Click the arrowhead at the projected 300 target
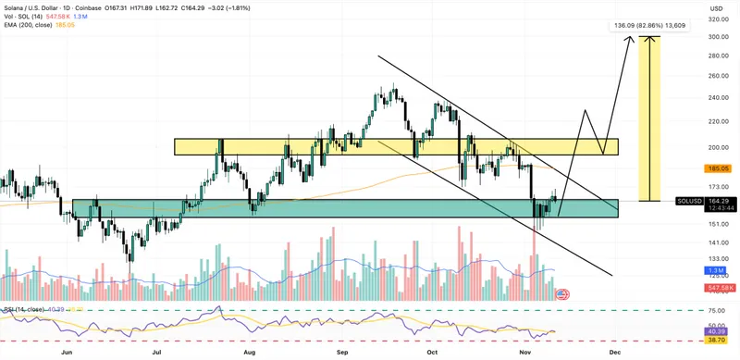630,38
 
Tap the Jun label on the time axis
66,353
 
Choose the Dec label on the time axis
615,353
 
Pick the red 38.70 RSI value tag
717,341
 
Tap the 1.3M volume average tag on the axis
717,269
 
